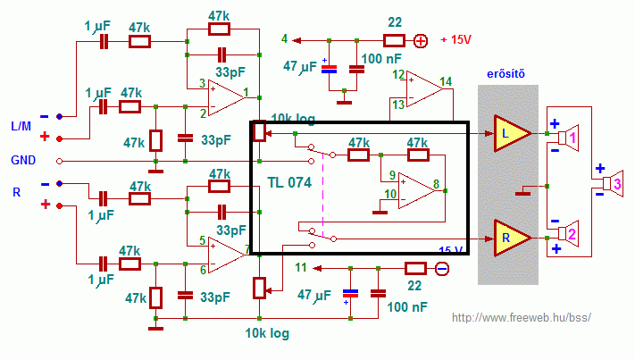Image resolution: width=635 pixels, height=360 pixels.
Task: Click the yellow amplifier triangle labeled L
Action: click(511, 133)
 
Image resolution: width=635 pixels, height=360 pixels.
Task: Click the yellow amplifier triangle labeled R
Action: click(511, 239)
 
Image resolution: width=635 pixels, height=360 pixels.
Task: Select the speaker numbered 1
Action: click(568, 138)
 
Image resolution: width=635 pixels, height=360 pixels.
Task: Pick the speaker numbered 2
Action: click(568, 234)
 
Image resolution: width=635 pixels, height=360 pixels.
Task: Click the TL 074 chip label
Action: click(289, 182)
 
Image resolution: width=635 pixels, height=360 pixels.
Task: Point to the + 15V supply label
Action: click(455, 39)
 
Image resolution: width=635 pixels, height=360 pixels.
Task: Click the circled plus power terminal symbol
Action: click(421, 41)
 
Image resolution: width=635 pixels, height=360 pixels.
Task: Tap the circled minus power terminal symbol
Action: click(442, 269)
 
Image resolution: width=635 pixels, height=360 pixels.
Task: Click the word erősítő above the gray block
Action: click(505, 74)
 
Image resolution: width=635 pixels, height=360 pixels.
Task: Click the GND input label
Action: click(23, 161)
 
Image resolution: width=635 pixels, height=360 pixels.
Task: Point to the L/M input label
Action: click(21, 126)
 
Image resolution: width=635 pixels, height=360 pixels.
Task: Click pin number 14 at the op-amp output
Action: click(446, 82)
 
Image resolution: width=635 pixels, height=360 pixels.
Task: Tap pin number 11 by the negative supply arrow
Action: click(301, 268)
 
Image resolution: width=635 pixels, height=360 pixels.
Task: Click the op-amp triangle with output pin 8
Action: click(416, 191)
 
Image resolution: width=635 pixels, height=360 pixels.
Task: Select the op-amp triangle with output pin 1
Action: click(226, 97)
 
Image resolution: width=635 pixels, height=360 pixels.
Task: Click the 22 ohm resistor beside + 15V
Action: click(394, 40)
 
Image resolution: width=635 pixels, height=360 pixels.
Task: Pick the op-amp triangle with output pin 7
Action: click(226, 255)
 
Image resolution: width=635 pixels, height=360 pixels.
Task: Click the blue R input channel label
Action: click(17, 192)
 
